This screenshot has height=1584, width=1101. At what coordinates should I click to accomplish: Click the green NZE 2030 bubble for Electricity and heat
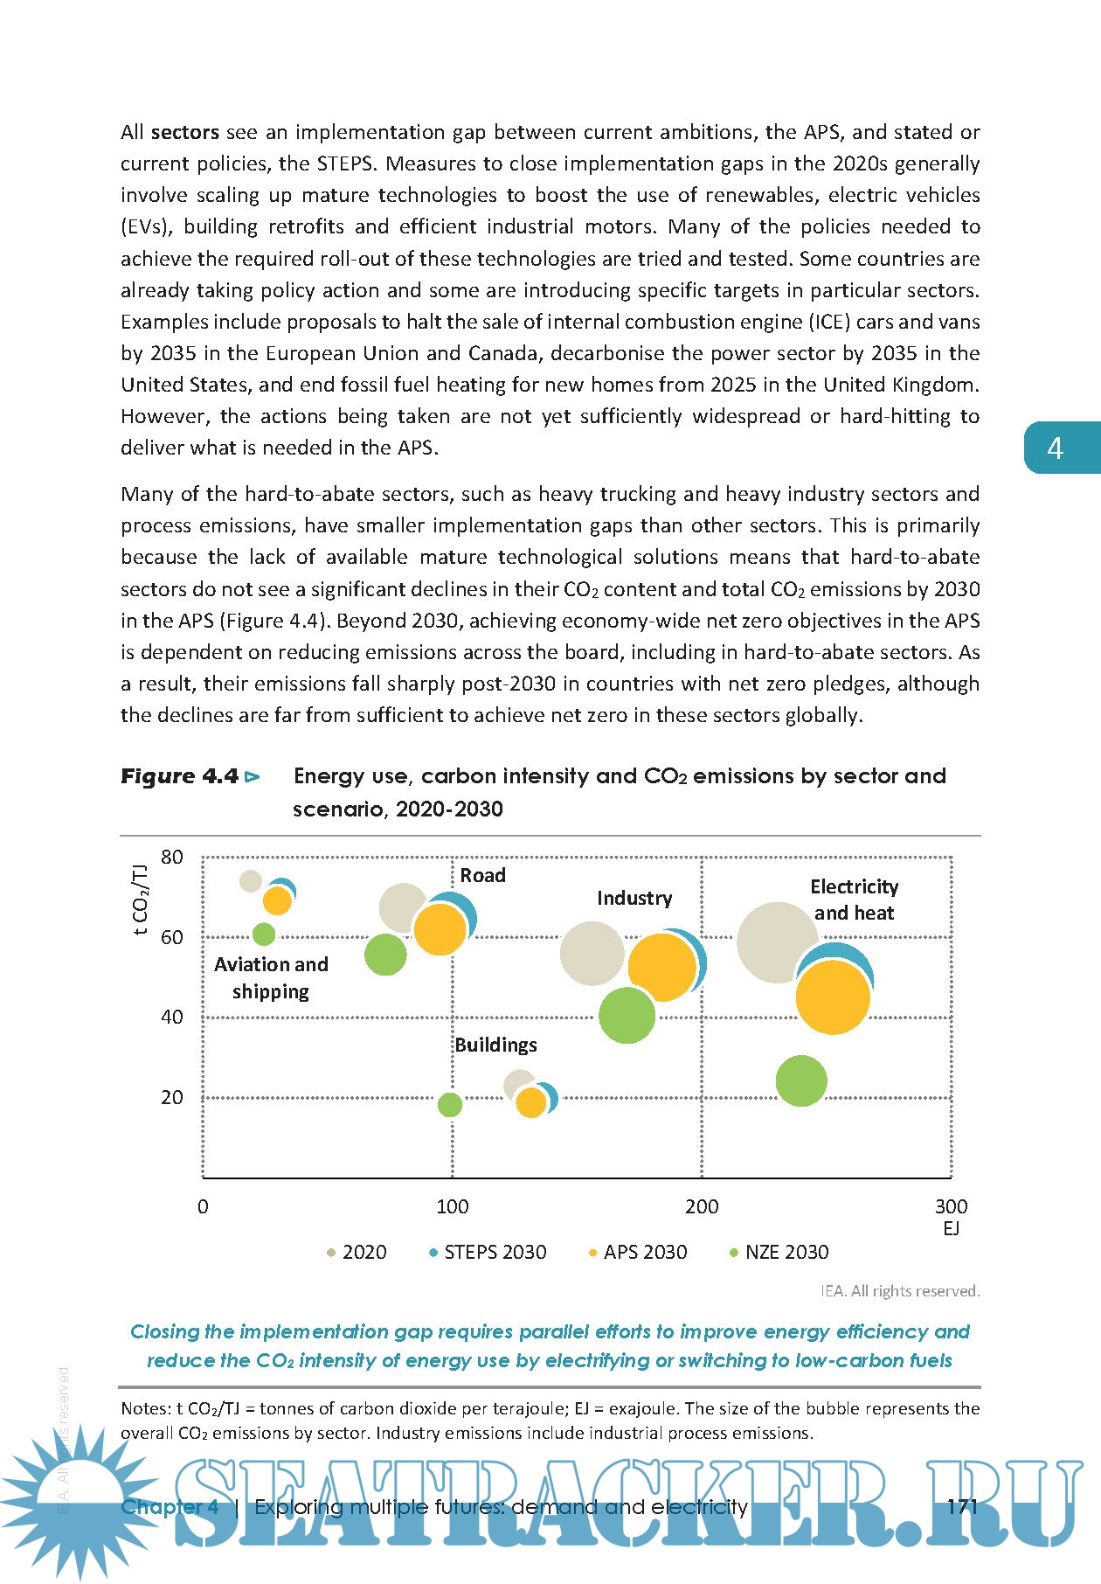coord(800,1080)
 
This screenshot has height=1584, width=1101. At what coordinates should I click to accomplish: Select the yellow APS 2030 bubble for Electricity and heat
coord(834,997)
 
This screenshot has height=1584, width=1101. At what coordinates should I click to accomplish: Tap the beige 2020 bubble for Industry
coord(592,953)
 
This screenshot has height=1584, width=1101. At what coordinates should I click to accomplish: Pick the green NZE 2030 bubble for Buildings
coord(449,1105)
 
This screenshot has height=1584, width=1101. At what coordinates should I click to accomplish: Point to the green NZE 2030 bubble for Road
coord(385,954)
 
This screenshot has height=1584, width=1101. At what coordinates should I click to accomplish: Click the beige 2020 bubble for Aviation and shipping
coord(251,881)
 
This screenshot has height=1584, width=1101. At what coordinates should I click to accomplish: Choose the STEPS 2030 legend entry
coord(487,1252)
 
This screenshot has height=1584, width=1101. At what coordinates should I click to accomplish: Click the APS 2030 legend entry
coord(637,1252)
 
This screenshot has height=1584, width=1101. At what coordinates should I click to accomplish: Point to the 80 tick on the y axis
coord(172,857)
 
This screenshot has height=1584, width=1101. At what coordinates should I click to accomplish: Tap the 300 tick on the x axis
coord(951,1206)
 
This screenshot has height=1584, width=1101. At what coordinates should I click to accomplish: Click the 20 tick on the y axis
coord(172,1097)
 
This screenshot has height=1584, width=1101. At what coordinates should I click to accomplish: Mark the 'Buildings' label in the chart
coord(495,1045)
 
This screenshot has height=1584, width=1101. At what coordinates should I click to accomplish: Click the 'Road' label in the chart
coord(482,875)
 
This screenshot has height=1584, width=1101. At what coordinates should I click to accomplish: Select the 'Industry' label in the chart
coord(634,898)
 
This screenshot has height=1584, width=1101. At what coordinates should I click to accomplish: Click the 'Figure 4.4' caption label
coord(180,776)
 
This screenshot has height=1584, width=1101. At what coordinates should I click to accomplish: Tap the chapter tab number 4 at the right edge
coord(1056,448)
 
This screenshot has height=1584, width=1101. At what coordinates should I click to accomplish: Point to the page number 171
coord(961,1506)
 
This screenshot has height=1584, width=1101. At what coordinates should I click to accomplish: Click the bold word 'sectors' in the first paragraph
coord(184,132)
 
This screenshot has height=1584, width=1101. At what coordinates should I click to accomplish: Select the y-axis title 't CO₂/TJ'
coord(140,900)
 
